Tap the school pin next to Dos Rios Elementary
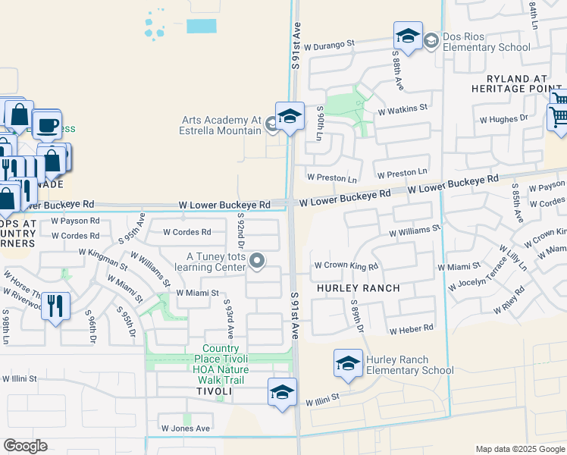(408, 36)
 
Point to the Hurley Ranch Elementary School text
(410, 366)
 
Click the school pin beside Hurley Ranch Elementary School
(348, 363)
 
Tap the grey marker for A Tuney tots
(257, 262)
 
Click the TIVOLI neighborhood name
(214, 391)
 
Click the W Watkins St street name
(403, 109)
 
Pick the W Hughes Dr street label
(503, 119)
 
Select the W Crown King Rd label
(346, 266)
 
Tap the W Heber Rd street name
(411, 328)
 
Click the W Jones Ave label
(184, 428)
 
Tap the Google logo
(25, 446)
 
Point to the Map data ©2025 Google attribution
(519, 449)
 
